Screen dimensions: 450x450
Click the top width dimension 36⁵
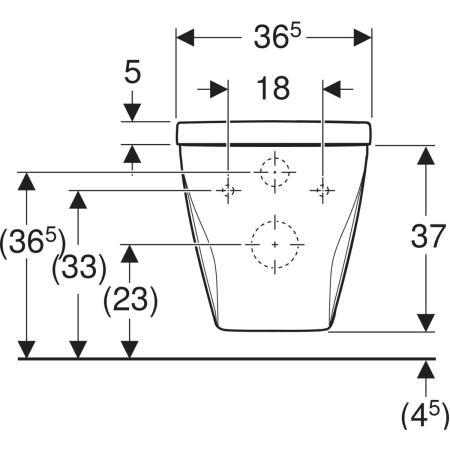277,36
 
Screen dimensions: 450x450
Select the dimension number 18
273,88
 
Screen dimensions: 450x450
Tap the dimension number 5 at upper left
132,72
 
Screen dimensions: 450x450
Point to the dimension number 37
428,236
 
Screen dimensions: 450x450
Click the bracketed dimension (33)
79,268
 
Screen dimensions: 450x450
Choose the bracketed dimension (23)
130,300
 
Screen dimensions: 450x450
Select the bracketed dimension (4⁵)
425,415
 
